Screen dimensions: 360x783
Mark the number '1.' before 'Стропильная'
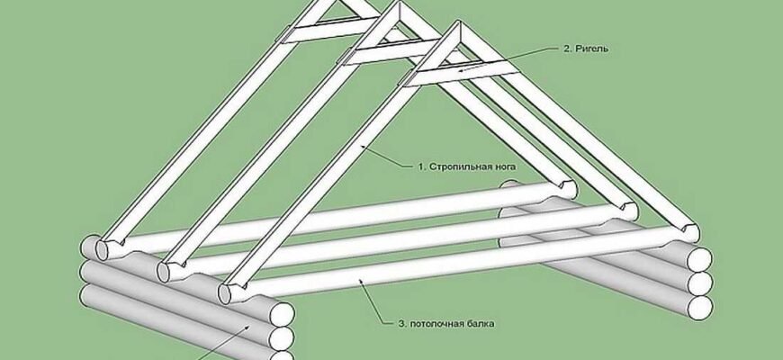coord(422,166)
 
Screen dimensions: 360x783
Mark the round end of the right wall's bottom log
coord(699,307)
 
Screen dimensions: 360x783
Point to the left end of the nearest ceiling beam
coord(230,293)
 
